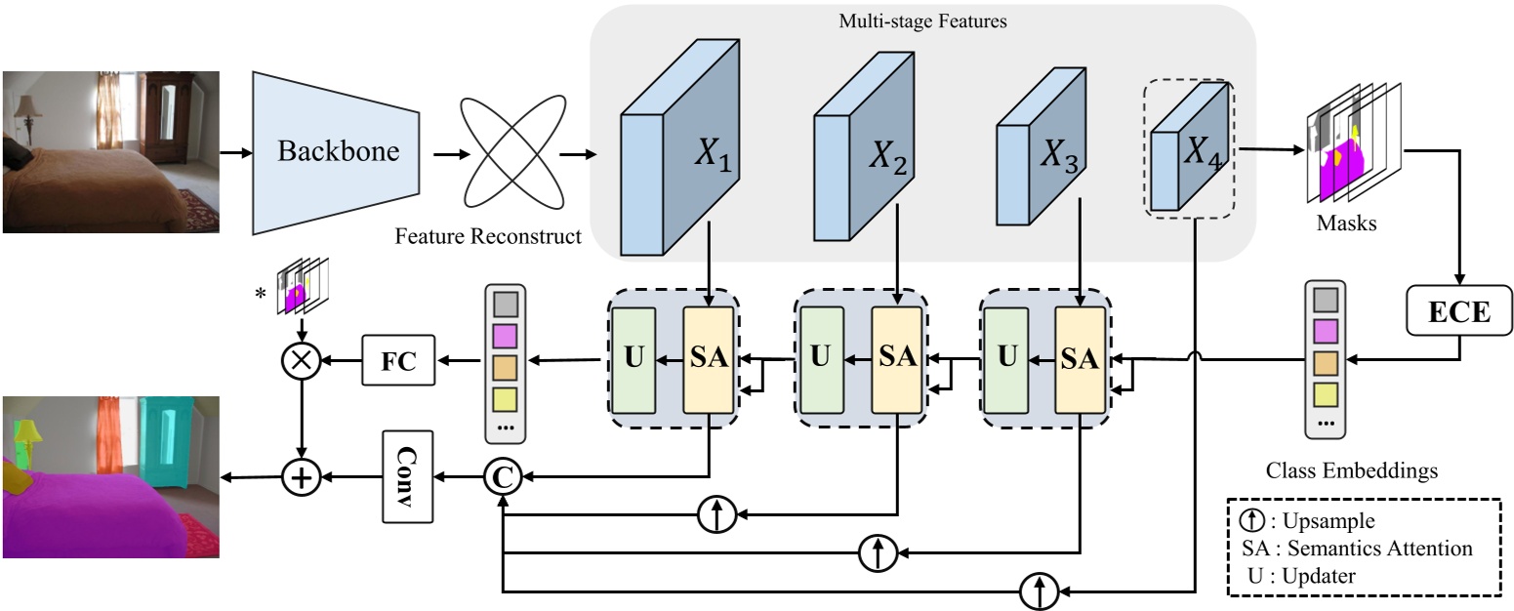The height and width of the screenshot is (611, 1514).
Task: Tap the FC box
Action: click(x=398, y=360)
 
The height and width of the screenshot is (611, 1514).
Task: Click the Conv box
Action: click(x=406, y=477)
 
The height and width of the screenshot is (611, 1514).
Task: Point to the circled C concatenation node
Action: click(x=501, y=477)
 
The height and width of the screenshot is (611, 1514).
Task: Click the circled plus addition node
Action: click(x=303, y=477)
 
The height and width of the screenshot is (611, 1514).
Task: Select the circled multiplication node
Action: click(x=302, y=361)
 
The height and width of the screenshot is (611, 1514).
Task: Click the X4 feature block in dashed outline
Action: click(x=1187, y=148)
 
